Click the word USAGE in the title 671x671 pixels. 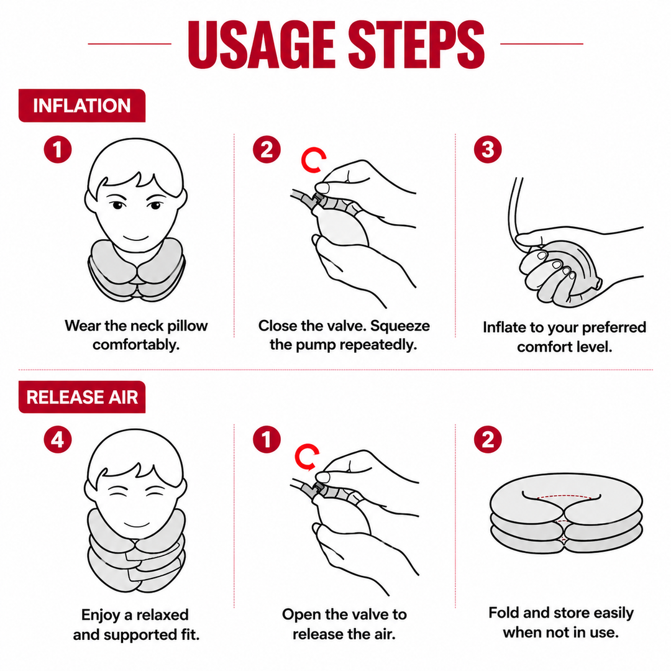[262, 44]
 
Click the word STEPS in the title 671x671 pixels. [416, 44]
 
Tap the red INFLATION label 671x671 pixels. [82, 106]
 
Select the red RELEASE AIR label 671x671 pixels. [82, 397]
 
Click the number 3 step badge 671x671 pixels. [488, 149]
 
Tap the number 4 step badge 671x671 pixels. [58, 439]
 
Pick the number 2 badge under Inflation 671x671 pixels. [267, 149]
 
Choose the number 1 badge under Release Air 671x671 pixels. [267, 439]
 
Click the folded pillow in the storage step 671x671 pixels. [566, 514]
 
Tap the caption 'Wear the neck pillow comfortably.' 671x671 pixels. [136, 335]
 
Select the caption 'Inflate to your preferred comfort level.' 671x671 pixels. [564, 337]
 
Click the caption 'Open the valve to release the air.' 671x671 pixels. [344, 624]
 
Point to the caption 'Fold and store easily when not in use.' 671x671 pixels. [561, 622]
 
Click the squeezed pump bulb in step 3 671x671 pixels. [565, 272]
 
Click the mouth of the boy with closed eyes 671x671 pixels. [137, 524]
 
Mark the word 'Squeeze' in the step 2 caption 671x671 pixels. [399, 326]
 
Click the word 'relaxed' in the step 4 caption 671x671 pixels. [162, 615]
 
